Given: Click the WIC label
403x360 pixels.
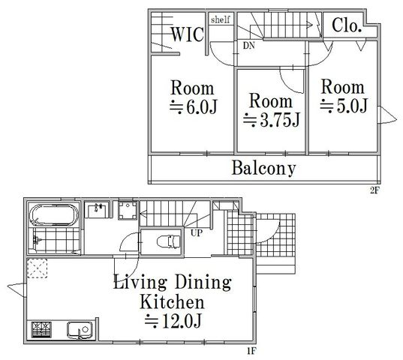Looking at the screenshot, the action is tap(188, 34).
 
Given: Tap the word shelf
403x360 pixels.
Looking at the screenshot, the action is tap(221, 19).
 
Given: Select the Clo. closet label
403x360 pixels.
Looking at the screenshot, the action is tap(347, 25).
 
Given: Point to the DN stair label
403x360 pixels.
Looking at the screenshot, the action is tap(249, 46).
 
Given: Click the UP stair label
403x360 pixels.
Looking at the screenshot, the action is tap(197, 233).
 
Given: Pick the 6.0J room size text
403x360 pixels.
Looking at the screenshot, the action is tap(194, 106).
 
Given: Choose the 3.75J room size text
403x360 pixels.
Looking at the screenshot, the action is tap(272, 120).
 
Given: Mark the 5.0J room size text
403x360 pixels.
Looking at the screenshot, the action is tap(344, 106).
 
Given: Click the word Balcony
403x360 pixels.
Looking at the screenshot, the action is tap(263, 168).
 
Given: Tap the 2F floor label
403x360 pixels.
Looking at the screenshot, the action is tap(374, 190).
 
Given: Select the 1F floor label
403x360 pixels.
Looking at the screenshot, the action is tap(252, 351).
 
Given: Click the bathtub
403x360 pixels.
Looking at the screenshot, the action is tap(54, 215).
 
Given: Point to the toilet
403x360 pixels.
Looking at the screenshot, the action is tap(168, 241).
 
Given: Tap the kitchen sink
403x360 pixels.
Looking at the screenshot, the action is tap(80, 329).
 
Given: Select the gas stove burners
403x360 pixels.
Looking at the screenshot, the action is tap(41, 330).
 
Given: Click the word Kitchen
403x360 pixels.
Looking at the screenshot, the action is tap(172, 301).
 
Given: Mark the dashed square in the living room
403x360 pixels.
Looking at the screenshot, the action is tap(38, 268).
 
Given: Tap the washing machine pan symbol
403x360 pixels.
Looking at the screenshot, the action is tap(128, 210).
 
